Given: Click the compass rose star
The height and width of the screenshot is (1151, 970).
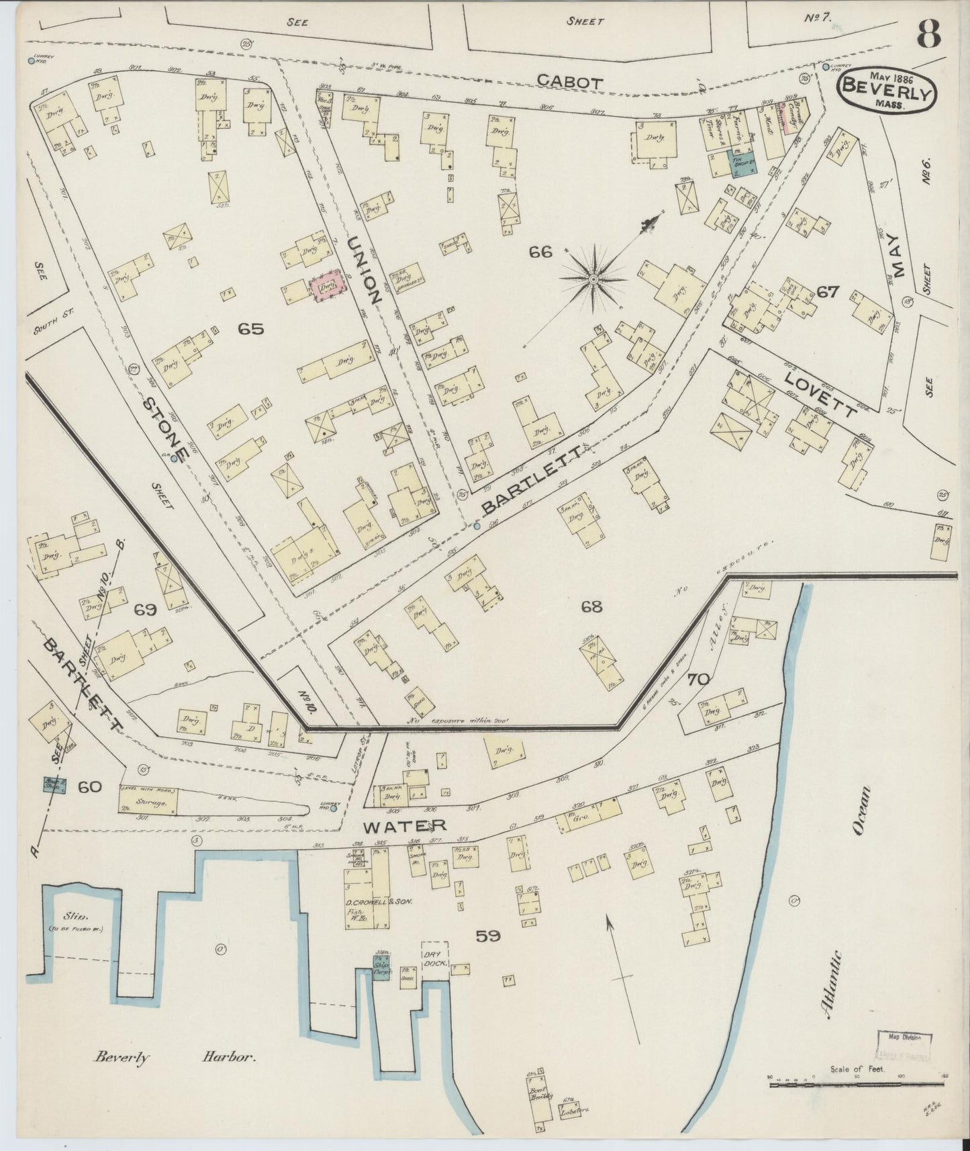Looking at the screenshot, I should [x=594, y=277].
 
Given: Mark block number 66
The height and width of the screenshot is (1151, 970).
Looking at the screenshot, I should [x=540, y=252].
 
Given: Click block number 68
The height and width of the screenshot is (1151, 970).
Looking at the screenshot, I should [x=592, y=607].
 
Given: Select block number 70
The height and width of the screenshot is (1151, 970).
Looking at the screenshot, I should [x=698, y=679].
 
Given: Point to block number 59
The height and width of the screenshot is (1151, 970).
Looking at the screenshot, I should [x=488, y=935].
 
